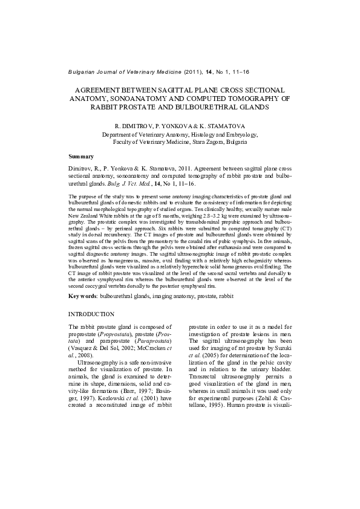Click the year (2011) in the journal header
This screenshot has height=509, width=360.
[x=200, y=72]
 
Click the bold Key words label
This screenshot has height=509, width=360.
[x=82, y=297]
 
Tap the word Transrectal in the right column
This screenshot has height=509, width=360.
[x=205, y=381]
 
